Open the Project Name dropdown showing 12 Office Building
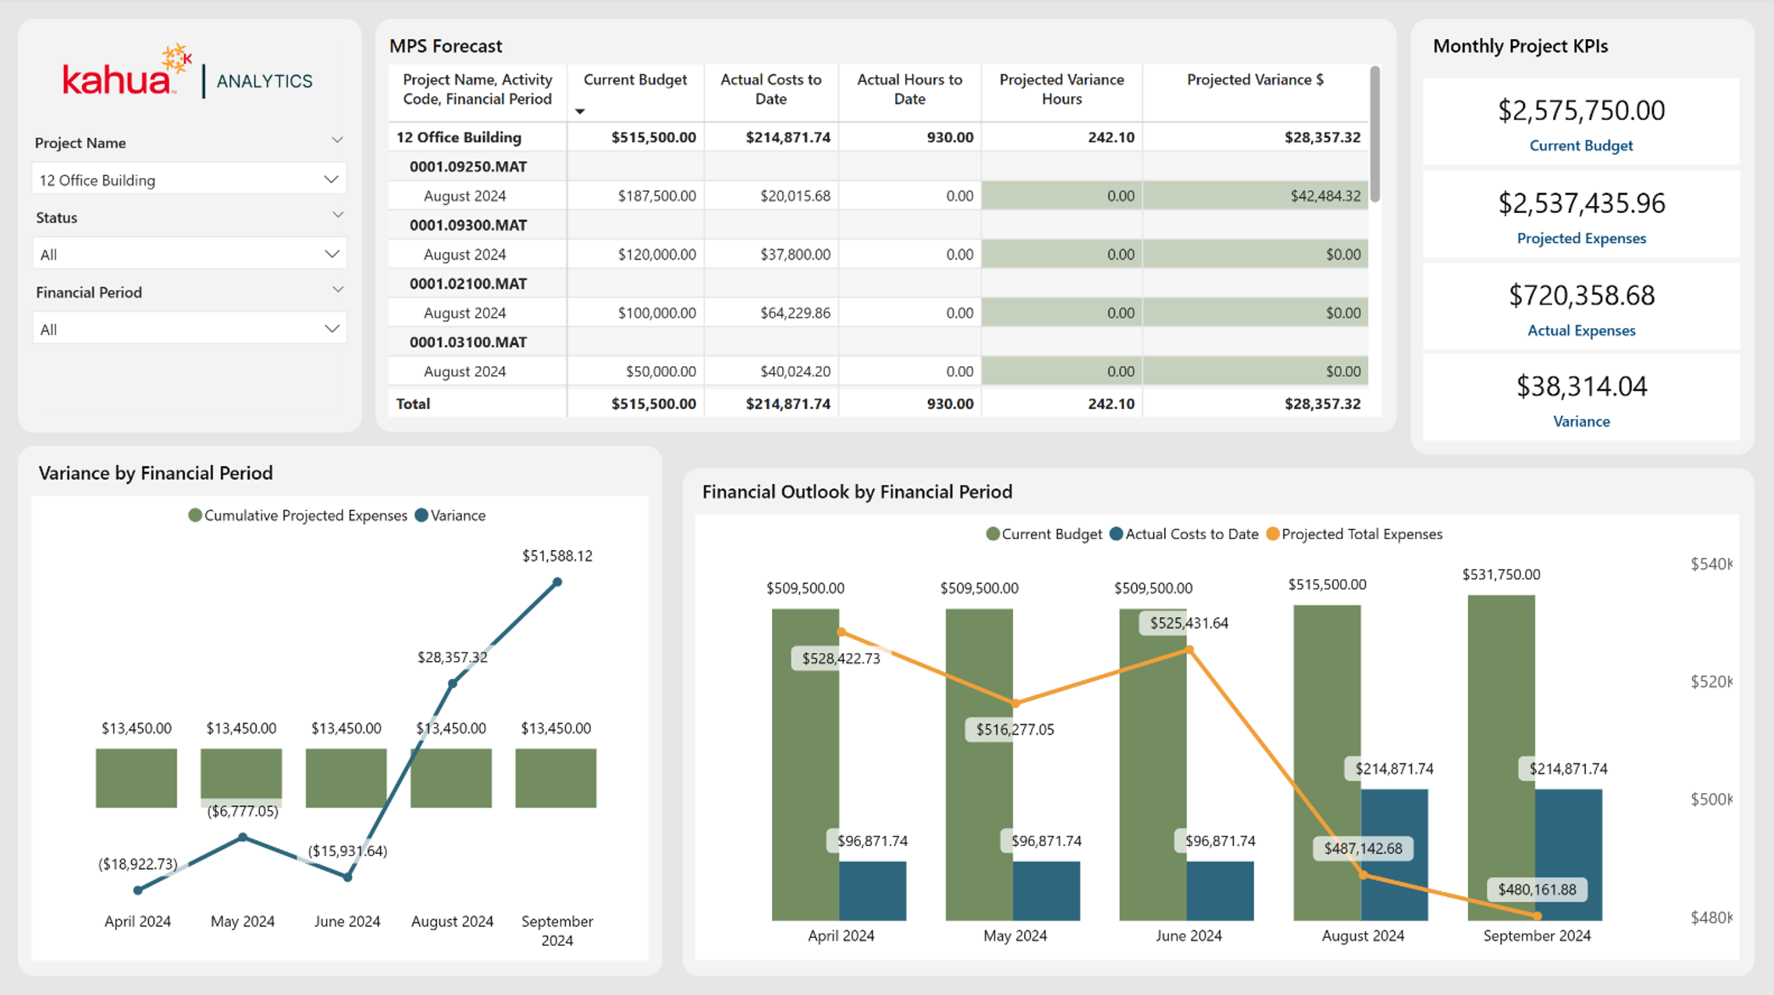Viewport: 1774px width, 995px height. (189, 179)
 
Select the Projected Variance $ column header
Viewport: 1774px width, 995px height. (1255, 80)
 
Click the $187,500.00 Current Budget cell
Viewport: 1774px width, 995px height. (656, 196)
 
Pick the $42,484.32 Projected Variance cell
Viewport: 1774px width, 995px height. (1325, 196)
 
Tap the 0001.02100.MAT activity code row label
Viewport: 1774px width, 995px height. (468, 283)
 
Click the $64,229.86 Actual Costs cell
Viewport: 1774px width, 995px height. (795, 313)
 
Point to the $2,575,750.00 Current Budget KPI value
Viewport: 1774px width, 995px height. (1581, 111)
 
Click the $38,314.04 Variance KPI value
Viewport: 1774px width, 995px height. (1581, 386)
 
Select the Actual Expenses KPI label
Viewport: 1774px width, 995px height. (1581, 330)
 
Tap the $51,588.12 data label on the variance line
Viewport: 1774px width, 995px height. (557, 556)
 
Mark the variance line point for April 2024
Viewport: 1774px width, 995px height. (138, 890)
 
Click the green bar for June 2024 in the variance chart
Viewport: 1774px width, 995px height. (346, 778)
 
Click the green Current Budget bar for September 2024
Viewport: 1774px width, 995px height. (1501, 758)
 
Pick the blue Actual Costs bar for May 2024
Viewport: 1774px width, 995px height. (1046, 891)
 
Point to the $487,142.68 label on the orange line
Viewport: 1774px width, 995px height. (1363, 848)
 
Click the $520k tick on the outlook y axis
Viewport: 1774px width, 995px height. (1711, 681)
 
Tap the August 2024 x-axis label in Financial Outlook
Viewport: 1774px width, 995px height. (1363, 936)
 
